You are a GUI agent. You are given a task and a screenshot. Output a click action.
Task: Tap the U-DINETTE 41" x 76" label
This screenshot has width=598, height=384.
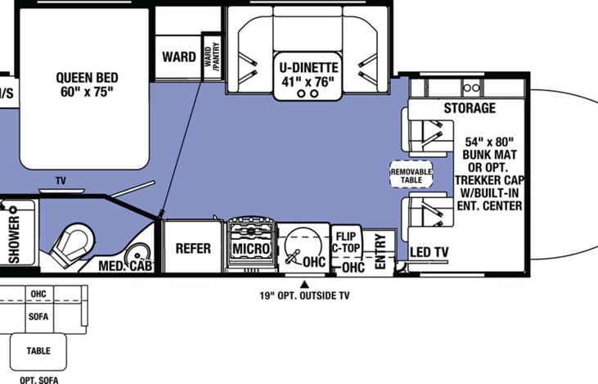click(x=308, y=75)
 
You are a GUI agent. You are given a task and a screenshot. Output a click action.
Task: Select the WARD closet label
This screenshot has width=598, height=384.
click(x=179, y=56)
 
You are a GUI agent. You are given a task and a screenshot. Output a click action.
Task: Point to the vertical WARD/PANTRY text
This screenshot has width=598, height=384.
click(x=212, y=56)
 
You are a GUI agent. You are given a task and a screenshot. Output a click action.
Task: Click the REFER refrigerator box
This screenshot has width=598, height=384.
click(x=192, y=247)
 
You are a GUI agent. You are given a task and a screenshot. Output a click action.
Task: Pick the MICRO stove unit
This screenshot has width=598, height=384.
click(x=250, y=244)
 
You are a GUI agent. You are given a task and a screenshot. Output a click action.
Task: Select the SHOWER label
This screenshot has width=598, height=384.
click(x=14, y=239)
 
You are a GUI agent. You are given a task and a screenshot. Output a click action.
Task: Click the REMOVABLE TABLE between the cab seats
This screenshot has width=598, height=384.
click(x=411, y=174)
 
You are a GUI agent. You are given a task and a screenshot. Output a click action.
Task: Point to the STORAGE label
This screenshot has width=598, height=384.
click(x=470, y=108)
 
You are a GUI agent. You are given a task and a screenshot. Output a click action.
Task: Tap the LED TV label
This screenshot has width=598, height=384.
click(x=429, y=252)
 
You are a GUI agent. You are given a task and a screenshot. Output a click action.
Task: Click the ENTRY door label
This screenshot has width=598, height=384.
click(x=380, y=251)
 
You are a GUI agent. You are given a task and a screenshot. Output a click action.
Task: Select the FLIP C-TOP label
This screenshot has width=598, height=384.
click(x=346, y=242)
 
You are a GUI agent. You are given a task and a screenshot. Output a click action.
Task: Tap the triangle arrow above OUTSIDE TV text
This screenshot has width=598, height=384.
click(x=304, y=284)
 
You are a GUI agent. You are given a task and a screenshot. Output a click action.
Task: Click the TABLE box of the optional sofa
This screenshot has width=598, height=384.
click(x=38, y=351)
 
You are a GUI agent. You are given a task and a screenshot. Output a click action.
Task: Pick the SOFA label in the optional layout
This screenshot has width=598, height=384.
click(x=38, y=316)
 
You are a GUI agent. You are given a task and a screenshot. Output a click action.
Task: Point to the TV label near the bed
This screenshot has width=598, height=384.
click(x=61, y=181)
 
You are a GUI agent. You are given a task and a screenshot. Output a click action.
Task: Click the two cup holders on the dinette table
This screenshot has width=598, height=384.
click(x=308, y=93)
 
